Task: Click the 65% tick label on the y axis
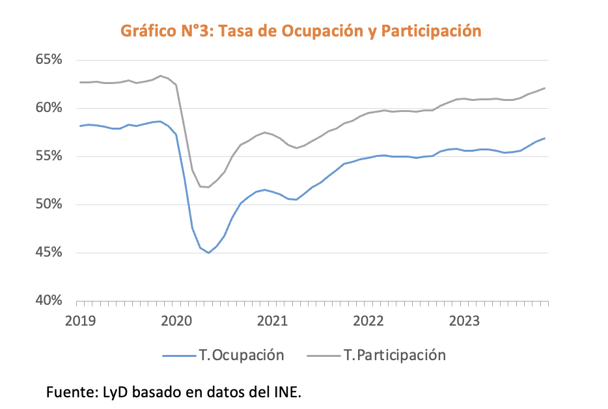pyautogui.click(x=49, y=60)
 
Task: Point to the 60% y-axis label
pyautogui.click(x=49, y=108)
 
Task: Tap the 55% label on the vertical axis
pyautogui.click(x=49, y=156)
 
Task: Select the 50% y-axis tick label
pyautogui.click(x=49, y=204)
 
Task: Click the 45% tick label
pyautogui.click(x=49, y=253)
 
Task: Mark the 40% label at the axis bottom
pyautogui.click(x=49, y=301)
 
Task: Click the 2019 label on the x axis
pyautogui.click(x=81, y=321)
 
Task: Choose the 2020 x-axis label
pyautogui.click(x=177, y=321)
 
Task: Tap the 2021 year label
pyautogui.click(x=273, y=321)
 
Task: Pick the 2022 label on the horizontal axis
pyautogui.click(x=369, y=321)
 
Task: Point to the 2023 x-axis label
pyautogui.click(x=465, y=321)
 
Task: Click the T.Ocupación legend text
pyautogui.click(x=242, y=355)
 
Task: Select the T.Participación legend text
pyautogui.click(x=394, y=355)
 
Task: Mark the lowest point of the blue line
pyautogui.click(x=208, y=253)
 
